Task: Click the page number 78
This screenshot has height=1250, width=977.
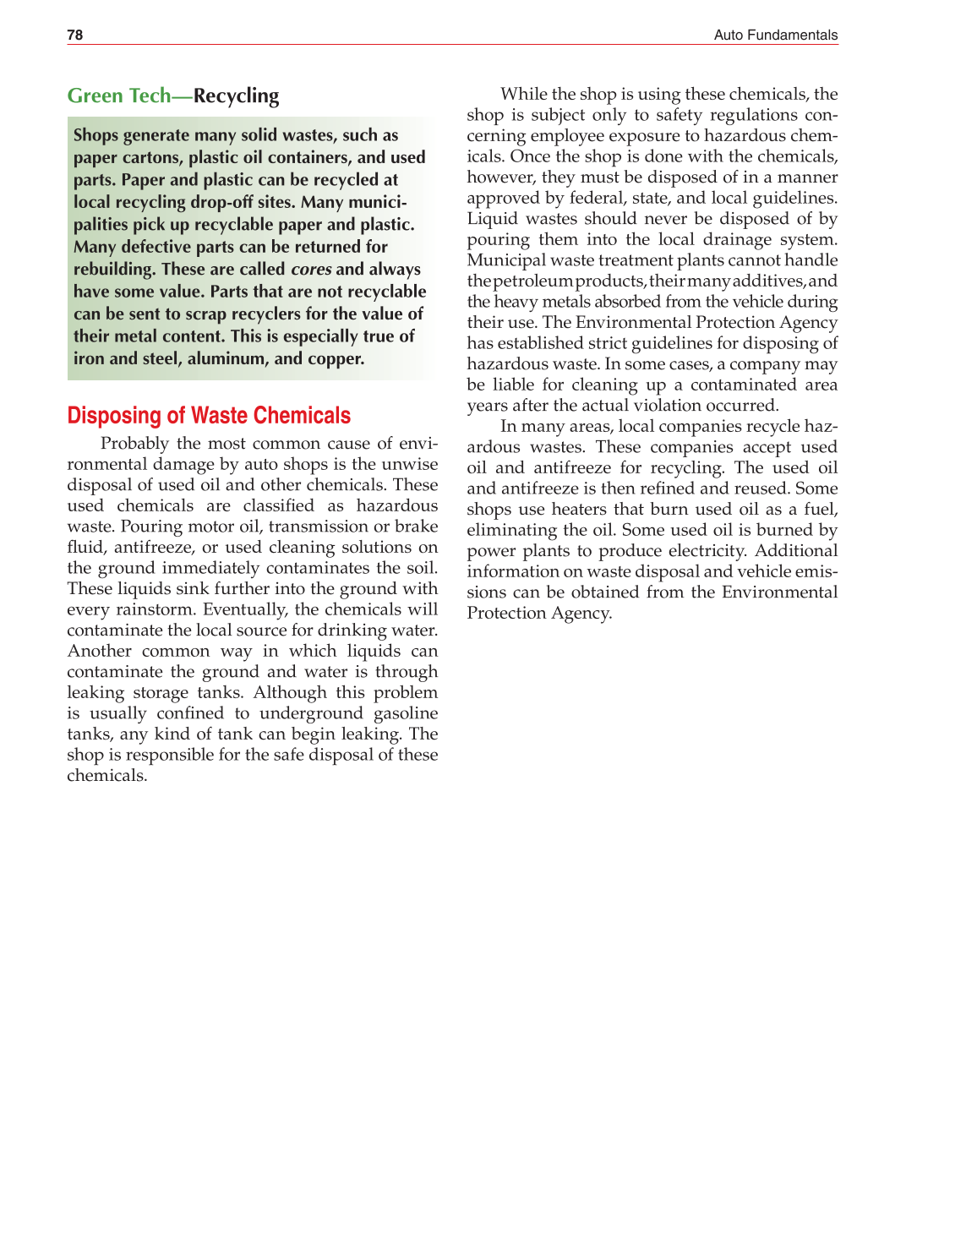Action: click(x=75, y=35)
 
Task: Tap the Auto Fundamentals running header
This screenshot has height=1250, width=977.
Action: click(x=775, y=35)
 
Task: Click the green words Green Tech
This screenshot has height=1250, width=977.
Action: click(x=119, y=96)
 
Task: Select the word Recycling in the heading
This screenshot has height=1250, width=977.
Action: click(x=236, y=96)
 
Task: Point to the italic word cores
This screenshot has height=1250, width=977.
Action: click(x=310, y=270)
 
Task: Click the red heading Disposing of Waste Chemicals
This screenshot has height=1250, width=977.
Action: click(x=209, y=416)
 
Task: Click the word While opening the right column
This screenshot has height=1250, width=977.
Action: click(x=524, y=94)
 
